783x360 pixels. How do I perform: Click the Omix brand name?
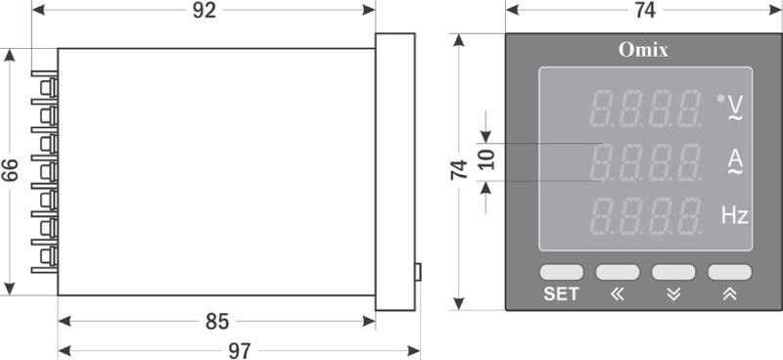643,50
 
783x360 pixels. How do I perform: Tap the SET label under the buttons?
561,294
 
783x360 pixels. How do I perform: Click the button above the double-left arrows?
618,272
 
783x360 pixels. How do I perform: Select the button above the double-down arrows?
673,272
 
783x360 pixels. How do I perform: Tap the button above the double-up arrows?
729,272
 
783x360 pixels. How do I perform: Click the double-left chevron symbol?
618,294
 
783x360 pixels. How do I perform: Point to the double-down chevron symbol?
673,294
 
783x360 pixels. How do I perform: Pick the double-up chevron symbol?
729,294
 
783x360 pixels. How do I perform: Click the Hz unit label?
735,215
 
